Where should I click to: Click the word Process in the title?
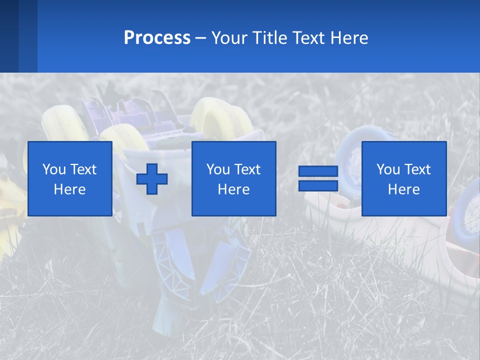click(157, 38)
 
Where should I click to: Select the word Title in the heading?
click(269, 38)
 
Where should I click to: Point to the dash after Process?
click(200, 39)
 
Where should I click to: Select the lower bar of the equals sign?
click(318, 185)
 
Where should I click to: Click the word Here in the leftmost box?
click(70, 189)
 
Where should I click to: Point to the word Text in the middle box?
click(247, 169)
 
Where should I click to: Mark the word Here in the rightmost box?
click(404, 189)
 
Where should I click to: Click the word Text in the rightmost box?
click(417, 169)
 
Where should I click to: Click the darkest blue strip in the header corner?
click(9, 36)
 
